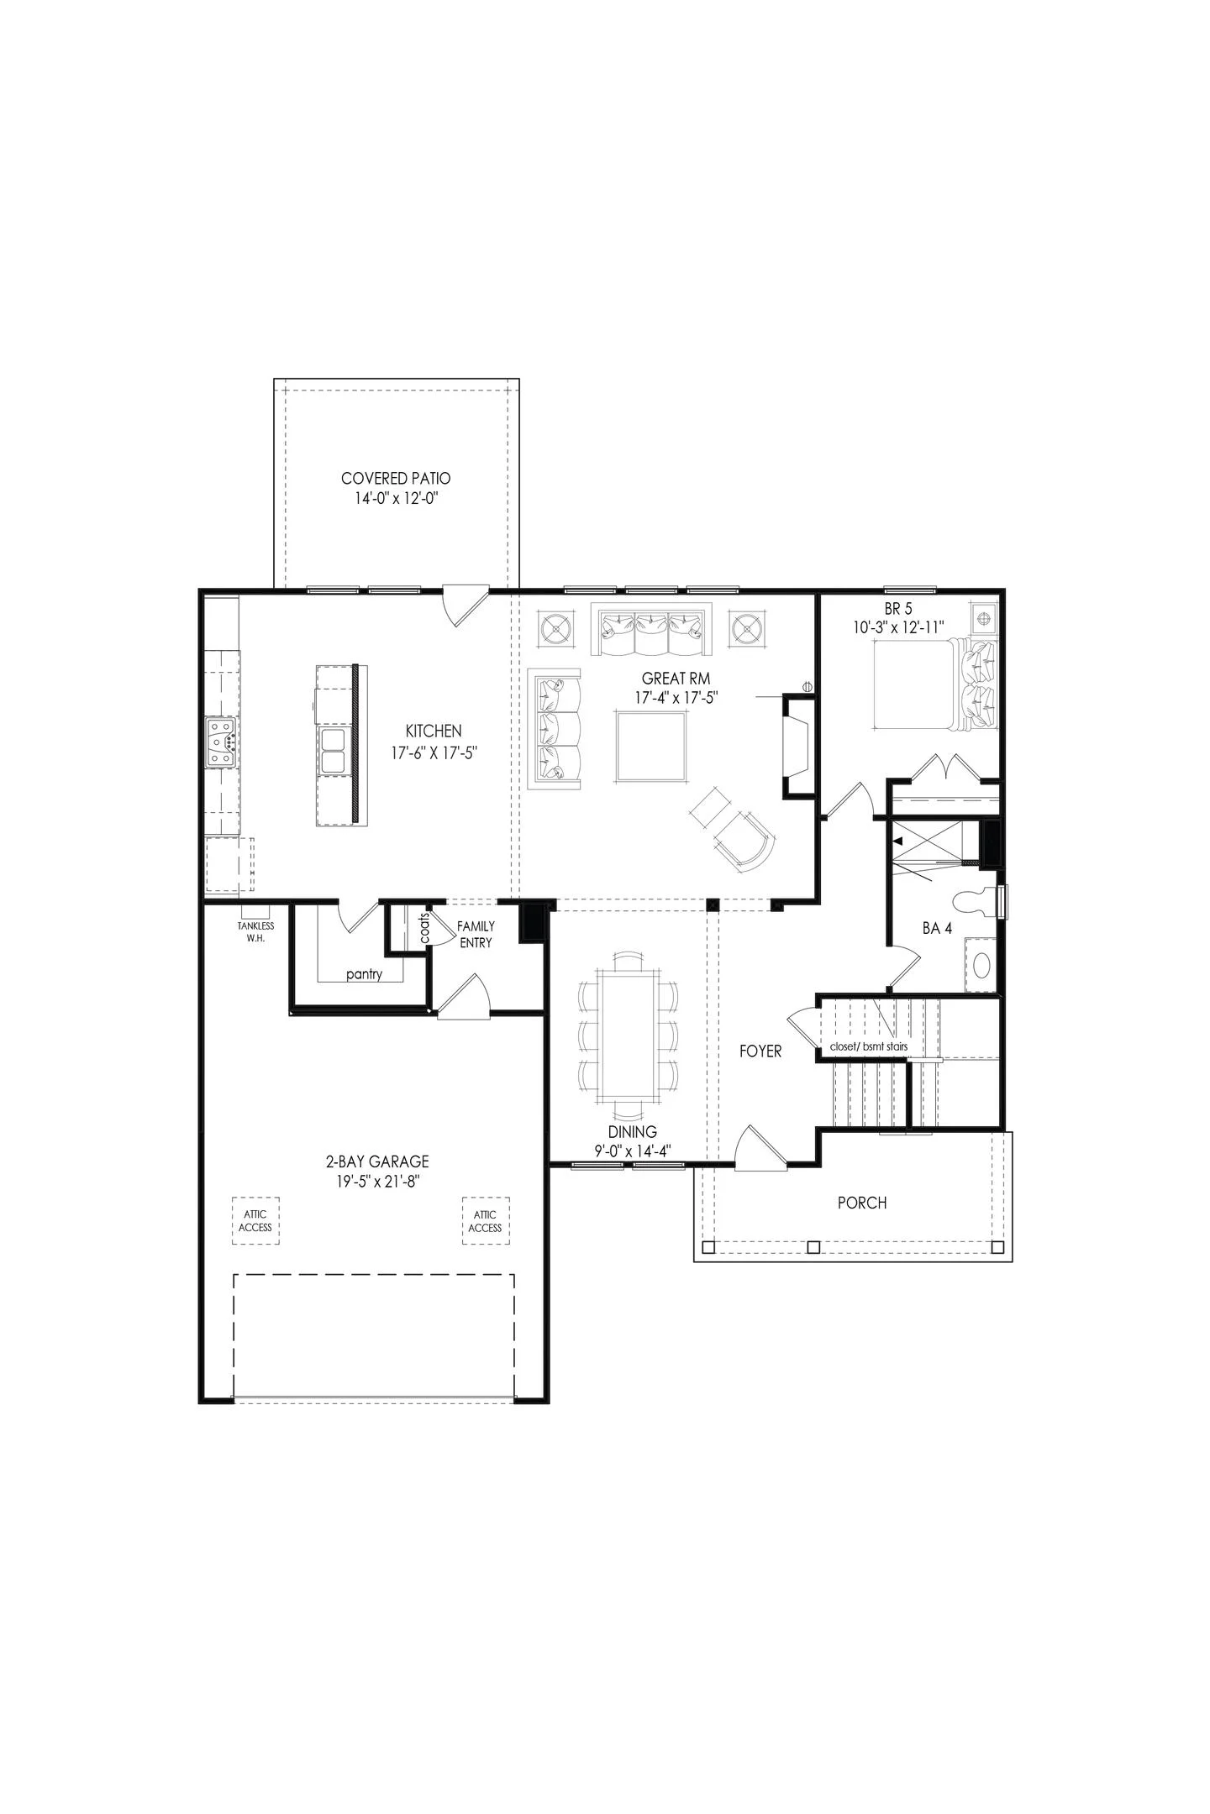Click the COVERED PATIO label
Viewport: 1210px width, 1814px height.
tap(396, 479)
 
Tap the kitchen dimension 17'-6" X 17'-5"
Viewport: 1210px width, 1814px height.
tap(434, 753)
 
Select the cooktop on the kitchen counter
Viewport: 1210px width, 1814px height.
tap(223, 742)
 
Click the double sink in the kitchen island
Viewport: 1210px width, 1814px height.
tap(334, 750)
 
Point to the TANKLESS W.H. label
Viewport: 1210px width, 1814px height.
tap(255, 931)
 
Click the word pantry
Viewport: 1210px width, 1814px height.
tap(364, 974)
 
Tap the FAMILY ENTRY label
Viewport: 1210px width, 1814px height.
tap(476, 934)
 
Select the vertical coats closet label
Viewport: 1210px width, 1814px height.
tap(424, 928)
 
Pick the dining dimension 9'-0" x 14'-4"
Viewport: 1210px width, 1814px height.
tap(633, 1151)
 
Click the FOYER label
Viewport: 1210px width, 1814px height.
tap(760, 1051)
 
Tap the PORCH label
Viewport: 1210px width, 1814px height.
tap(862, 1203)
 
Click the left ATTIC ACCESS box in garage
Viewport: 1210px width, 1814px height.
tap(255, 1221)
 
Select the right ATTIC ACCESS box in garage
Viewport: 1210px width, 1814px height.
tap(486, 1221)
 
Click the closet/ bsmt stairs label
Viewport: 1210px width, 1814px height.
tap(868, 1047)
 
